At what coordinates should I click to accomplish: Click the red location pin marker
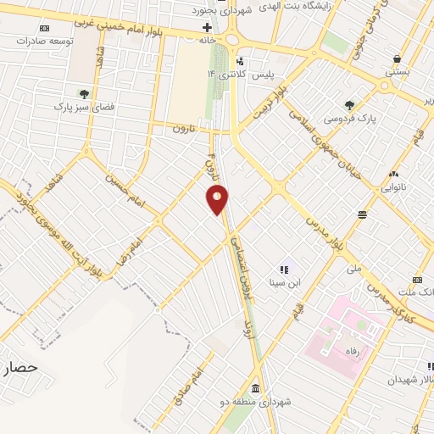[x=218, y=200]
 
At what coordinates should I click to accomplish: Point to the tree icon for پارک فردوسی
[x=349, y=104]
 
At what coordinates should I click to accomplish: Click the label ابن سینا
[x=284, y=283]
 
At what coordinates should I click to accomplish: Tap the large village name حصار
[x=21, y=368]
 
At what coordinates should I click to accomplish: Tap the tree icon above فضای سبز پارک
[x=83, y=93]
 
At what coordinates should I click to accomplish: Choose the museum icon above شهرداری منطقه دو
[x=255, y=383]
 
